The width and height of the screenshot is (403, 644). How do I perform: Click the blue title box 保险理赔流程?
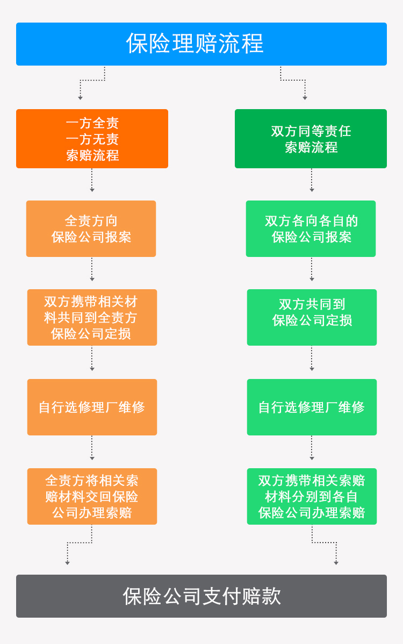[201, 44]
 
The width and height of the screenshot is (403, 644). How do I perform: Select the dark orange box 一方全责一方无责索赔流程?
[92, 138]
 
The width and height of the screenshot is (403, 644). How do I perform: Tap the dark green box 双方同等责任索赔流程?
[311, 138]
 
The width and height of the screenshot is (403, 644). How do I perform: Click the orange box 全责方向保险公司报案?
[91, 229]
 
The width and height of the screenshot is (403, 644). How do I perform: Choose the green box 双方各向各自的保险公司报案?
[311, 229]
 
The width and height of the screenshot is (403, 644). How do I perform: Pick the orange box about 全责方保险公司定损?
[92, 318]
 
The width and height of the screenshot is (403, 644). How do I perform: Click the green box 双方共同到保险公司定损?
[312, 318]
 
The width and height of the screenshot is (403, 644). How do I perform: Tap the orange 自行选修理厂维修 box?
[92, 407]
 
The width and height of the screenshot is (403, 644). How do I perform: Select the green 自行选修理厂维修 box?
[312, 407]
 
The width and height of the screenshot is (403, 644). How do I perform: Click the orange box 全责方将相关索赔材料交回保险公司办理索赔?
[92, 496]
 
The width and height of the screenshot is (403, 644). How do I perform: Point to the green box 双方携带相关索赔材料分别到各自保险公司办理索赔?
[312, 496]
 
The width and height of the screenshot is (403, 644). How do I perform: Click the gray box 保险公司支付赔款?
[201, 596]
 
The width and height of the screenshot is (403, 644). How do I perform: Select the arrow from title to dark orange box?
[92, 81]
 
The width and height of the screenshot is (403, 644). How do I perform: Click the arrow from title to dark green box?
[293, 80]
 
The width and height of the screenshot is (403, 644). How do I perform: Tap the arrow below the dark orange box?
[92, 180]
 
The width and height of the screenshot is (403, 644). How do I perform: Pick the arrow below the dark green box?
[312, 180]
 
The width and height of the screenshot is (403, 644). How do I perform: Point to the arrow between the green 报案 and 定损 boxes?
[312, 269]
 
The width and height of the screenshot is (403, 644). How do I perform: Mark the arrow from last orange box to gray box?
[80, 542]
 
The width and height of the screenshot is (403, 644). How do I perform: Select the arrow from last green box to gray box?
[324, 542]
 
